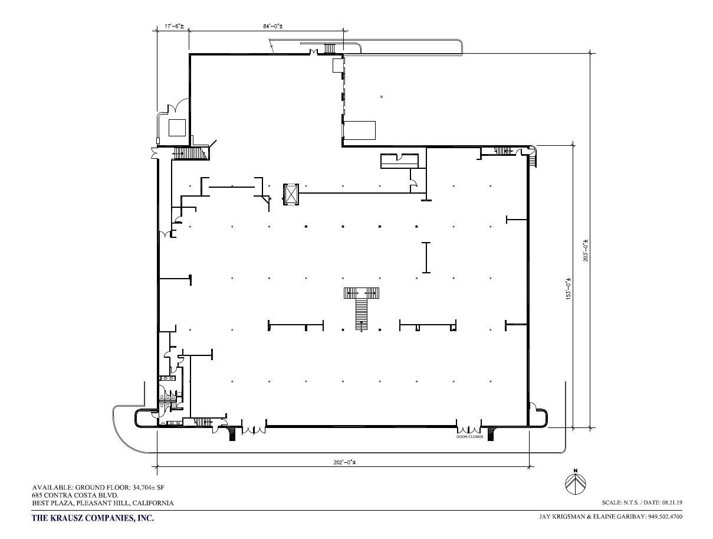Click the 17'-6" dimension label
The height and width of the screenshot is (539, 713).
pyautogui.click(x=174, y=27)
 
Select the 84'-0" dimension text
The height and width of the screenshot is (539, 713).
pyautogui.click(x=274, y=27)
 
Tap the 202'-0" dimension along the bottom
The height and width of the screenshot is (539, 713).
pyautogui.click(x=343, y=462)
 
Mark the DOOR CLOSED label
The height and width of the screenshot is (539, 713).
pyautogui.click(x=469, y=437)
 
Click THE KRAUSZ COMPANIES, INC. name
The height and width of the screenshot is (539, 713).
pyautogui.click(x=93, y=518)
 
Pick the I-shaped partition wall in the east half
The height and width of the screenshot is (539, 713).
pyautogui.click(x=426, y=257)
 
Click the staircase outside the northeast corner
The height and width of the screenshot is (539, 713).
pyautogui.click(x=533, y=159)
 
